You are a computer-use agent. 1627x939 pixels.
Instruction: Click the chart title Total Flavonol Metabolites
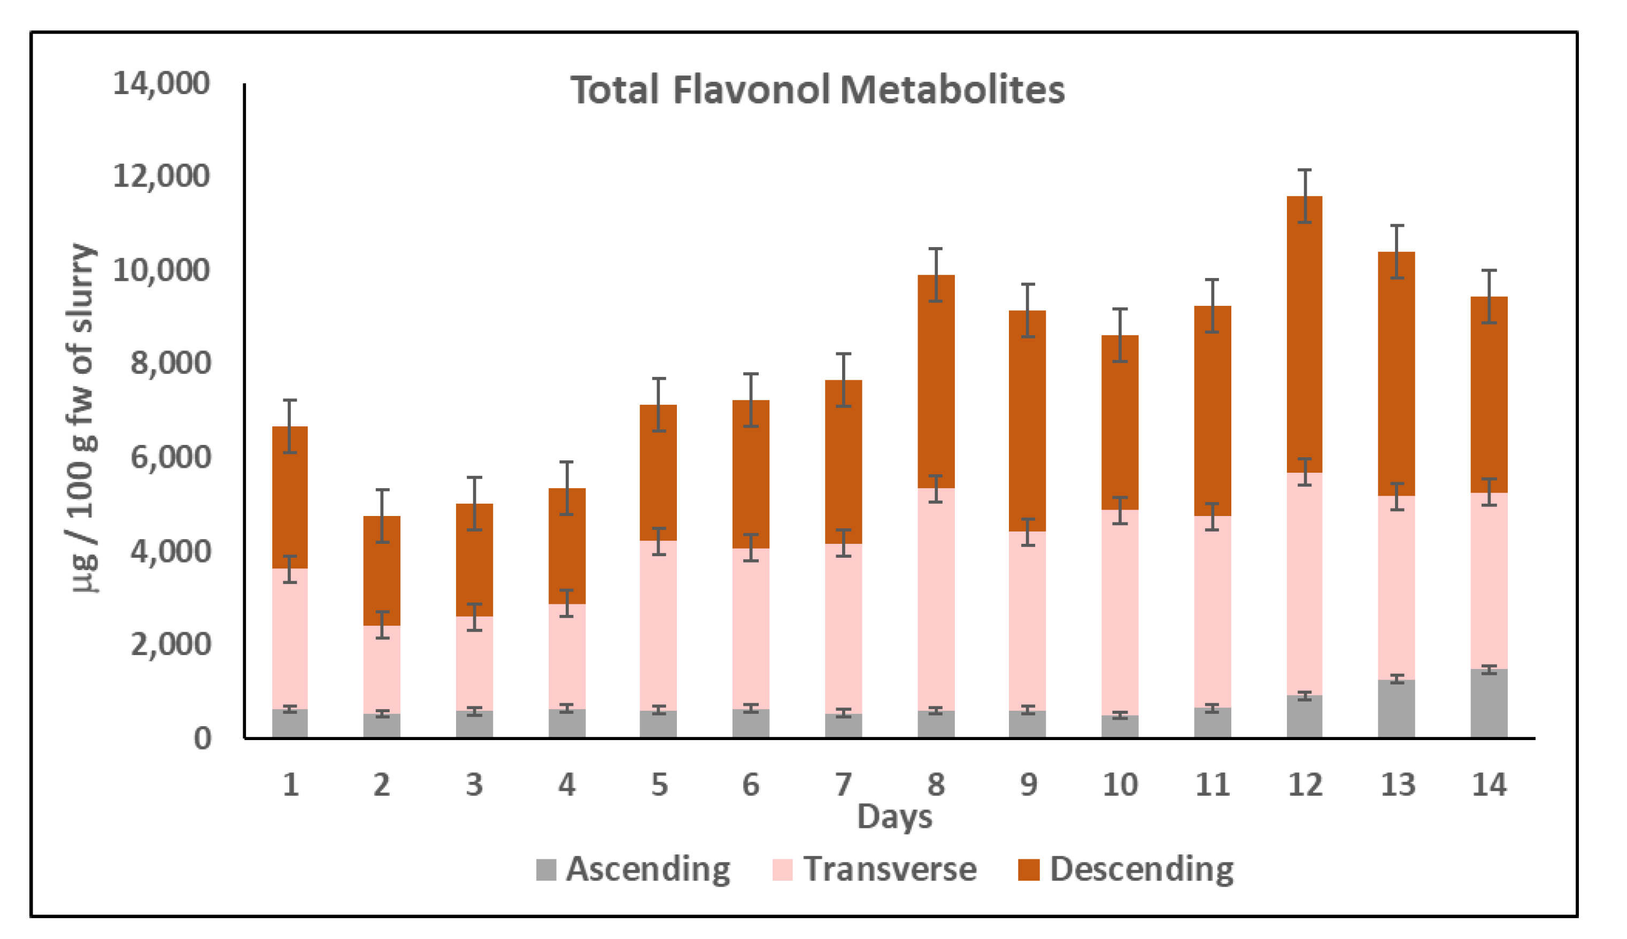click(x=817, y=90)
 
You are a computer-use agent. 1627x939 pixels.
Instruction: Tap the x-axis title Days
click(x=894, y=817)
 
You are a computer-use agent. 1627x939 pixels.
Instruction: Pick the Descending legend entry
click(x=1125, y=869)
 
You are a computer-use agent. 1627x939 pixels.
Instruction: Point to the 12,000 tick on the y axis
click(x=161, y=176)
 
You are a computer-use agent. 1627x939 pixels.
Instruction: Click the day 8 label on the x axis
click(x=936, y=785)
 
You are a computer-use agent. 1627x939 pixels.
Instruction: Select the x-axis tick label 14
click(x=1489, y=785)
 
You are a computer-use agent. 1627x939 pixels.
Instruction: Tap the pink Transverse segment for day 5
click(x=658, y=626)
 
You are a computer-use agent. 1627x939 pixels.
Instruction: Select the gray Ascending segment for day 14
click(x=1489, y=704)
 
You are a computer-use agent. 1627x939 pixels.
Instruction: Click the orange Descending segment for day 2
click(x=382, y=571)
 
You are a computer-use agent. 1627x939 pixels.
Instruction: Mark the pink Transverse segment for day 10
click(x=1120, y=613)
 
